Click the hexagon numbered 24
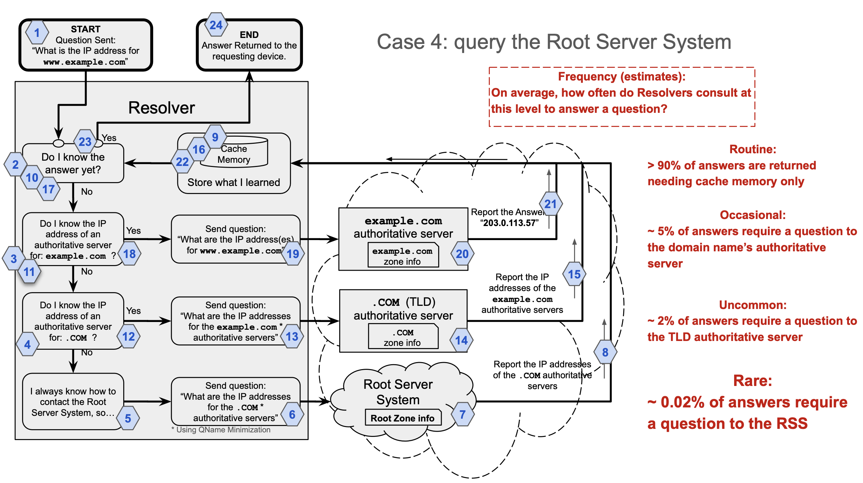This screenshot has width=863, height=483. (x=216, y=25)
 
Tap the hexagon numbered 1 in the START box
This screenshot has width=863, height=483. (x=37, y=33)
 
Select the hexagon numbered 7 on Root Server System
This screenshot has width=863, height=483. (x=463, y=414)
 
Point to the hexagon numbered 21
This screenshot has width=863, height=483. (x=551, y=204)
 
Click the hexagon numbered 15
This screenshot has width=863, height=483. (x=574, y=274)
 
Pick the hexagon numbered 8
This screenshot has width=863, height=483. (x=605, y=352)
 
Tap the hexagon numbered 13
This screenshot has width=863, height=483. (x=292, y=336)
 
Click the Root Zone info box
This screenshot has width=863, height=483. (x=403, y=418)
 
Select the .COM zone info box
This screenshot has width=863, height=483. (x=403, y=336)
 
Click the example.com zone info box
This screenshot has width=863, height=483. (x=403, y=255)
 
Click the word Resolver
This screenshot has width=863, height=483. (x=162, y=108)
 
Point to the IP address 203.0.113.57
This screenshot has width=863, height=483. (x=509, y=223)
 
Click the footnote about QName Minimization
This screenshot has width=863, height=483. (x=221, y=430)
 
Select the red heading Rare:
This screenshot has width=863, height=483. (x=753, y=381)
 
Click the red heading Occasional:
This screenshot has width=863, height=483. (x=753, y=215)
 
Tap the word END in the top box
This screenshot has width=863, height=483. (x=249, y=34)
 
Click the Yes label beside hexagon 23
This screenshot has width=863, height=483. (x=109, y=138)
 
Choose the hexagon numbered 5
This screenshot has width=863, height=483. (x=128, y=418)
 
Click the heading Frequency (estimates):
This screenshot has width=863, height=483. (x=622, y=77)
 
